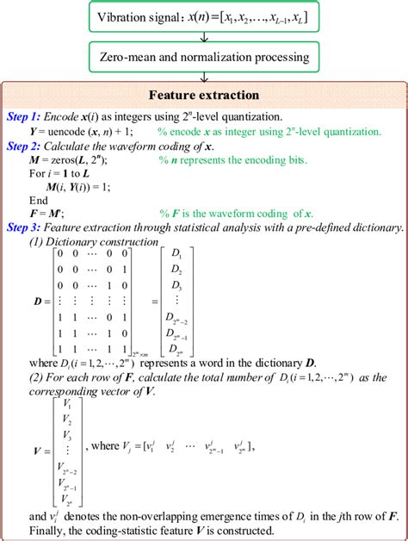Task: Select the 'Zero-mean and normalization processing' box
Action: pyautogui.click(x=203, y=59)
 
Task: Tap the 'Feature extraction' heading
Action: pyautogui.click(x=203, y=95)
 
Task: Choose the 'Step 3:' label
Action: pyautogui.click(x=28, y=227)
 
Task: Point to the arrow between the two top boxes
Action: pyautogui.click(x=203, y=39)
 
